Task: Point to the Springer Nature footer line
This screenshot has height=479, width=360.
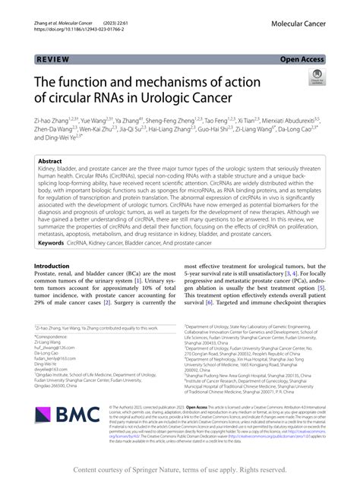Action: (179, 471)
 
